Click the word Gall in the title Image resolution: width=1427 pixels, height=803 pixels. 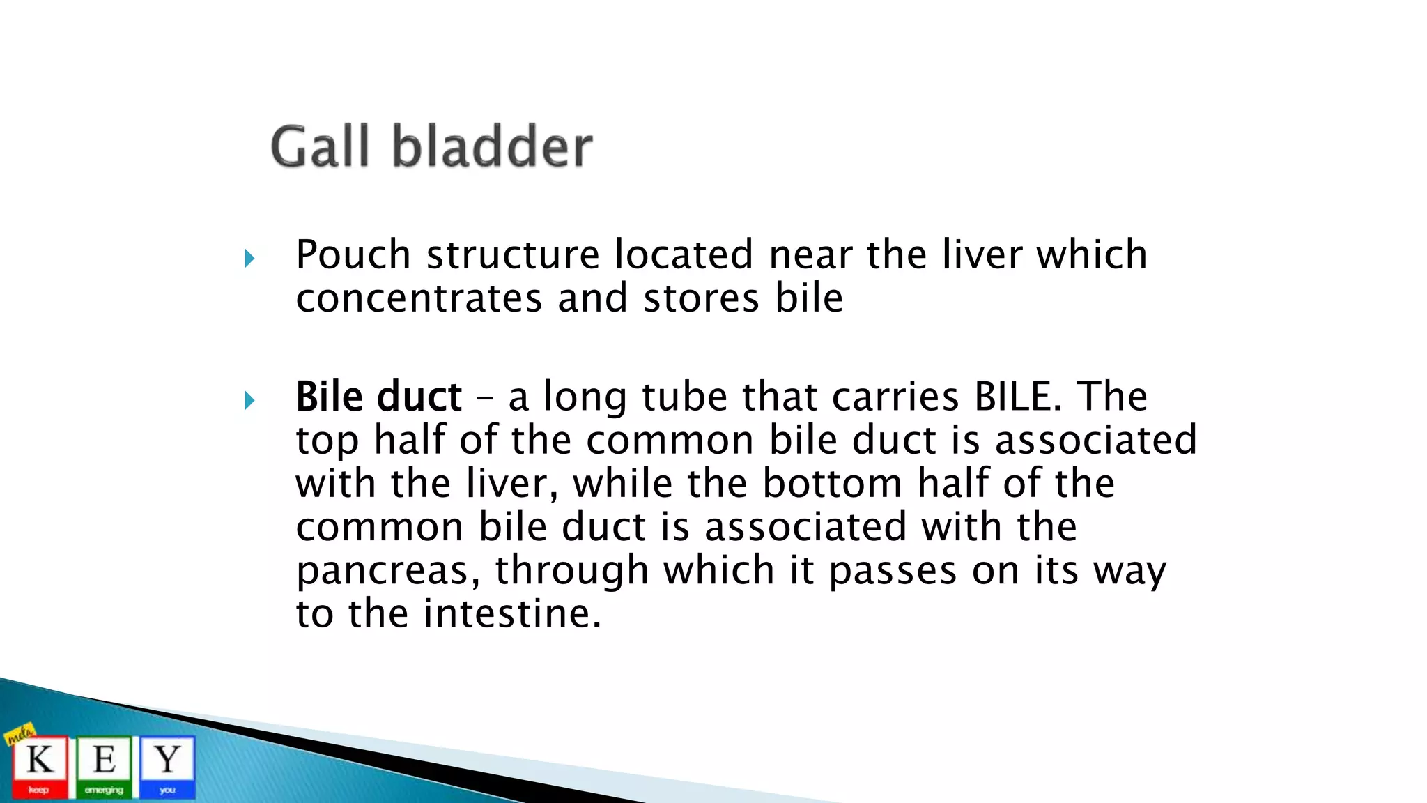tap(319, 147)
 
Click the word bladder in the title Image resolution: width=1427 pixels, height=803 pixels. tap(492, 147)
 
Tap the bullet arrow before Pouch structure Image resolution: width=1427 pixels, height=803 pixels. tap(249, 259)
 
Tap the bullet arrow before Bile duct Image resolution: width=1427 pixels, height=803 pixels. tap(249, 401)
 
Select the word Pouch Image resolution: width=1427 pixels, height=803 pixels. tap(353, 255)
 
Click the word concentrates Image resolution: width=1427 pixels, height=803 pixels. tap(419, 299)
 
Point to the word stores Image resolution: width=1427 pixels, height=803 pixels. tap(701, 299)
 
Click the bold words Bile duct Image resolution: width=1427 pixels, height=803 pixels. tap(378, 397)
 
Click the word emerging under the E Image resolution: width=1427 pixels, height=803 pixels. tap(104, 790)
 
